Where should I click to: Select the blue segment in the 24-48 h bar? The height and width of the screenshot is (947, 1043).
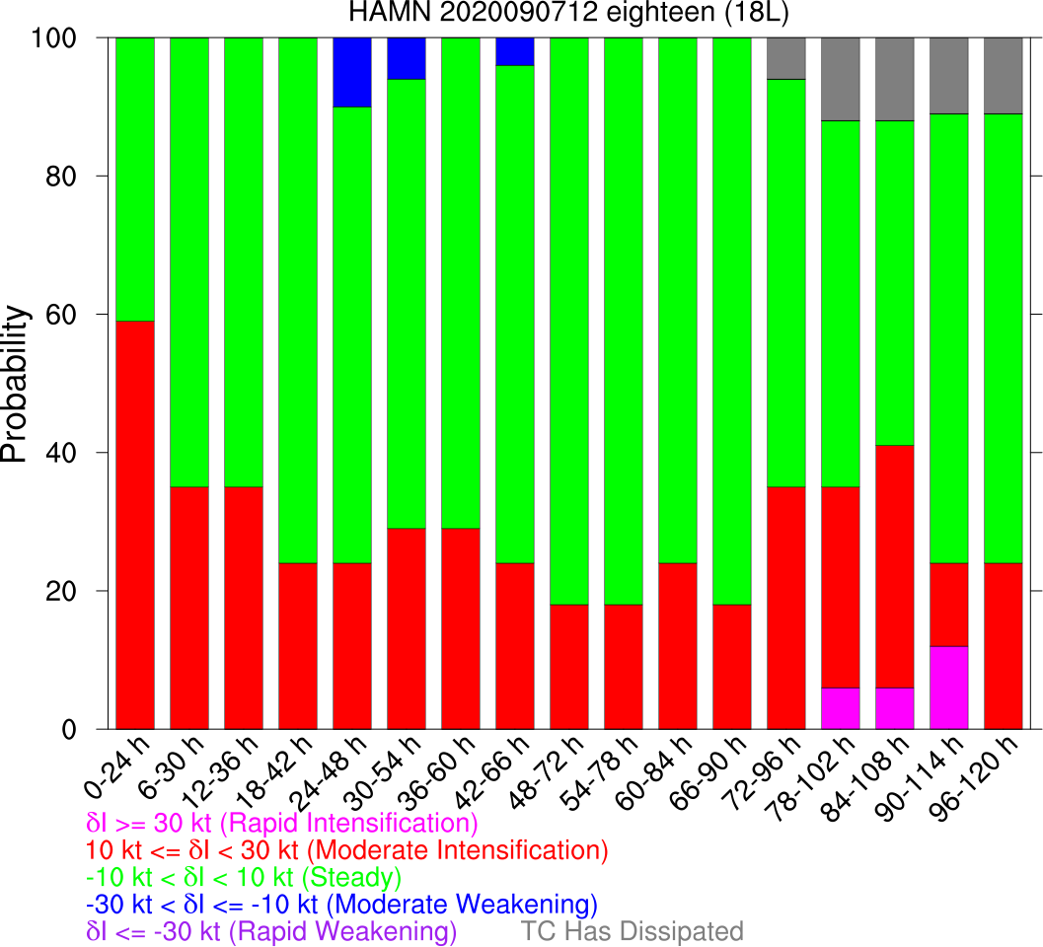pyautogui.click(x=353, y=72)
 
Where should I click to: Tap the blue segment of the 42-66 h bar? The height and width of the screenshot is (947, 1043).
pyautogui.click(x=515, y=51)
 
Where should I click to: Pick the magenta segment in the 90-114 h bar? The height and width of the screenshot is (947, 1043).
pyautogui.click(x=947, y=688)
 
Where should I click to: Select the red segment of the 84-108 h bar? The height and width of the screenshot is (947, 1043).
pyautogui.click(x=894, y=566)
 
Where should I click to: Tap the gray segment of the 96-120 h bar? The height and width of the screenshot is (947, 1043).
pyautogui.click(x=1002, y=76)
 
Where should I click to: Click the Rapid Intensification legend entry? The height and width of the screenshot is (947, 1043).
pyautogui.click(x=282, y=824)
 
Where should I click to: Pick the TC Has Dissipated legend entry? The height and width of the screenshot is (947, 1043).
pyautogui.click(x=632, y=931)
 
